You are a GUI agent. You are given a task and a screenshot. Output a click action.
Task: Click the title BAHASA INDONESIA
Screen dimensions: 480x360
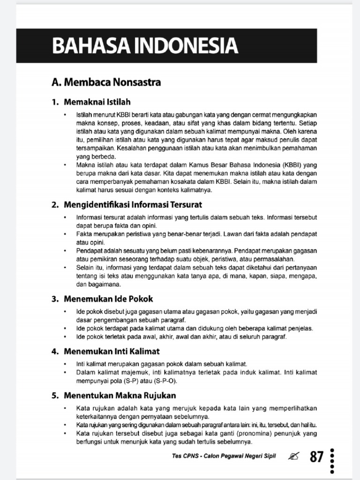pos(145,46)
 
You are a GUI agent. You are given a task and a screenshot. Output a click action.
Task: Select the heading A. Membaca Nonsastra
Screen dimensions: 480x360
pos(106,82)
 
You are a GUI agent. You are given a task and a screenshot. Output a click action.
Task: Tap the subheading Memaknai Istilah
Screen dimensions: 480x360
pos(97,102)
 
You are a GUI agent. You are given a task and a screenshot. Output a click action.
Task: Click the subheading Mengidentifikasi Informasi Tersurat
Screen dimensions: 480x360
pos(133,204)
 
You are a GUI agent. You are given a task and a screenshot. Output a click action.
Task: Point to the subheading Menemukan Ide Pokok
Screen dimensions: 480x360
pos(108,299)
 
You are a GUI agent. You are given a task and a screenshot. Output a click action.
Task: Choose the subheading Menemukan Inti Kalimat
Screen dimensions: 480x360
pos(112,351)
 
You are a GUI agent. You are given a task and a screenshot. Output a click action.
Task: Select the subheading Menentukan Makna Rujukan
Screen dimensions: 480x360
pos(120,395)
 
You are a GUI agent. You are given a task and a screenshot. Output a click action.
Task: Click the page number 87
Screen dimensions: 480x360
pos(316,456)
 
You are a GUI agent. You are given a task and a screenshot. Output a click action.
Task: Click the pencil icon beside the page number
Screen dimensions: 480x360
pos(294,456)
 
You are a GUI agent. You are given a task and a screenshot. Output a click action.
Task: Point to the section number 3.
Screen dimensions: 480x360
pos(54,299)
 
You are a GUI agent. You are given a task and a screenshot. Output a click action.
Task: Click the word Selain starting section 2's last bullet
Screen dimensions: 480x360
pos(85,268)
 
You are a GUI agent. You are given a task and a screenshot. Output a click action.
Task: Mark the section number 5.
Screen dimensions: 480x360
pos(54,395)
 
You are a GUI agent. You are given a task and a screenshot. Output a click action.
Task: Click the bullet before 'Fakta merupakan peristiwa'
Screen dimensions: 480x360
pos(65,233)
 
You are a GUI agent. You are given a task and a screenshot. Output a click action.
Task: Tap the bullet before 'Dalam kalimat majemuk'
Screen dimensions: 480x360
pos(65,373)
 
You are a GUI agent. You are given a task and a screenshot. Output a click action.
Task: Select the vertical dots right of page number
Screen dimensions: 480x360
pos(332,462)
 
